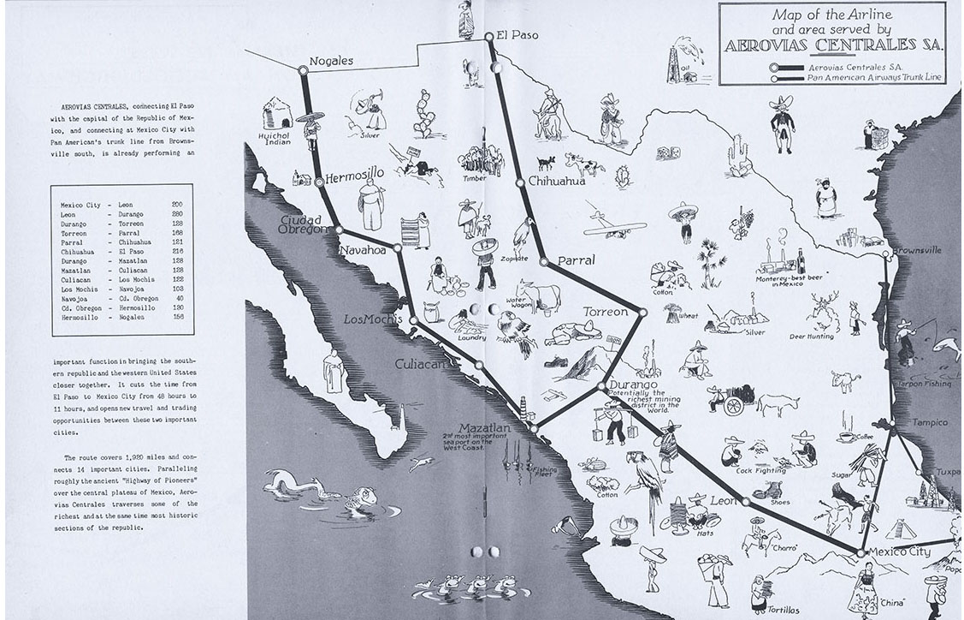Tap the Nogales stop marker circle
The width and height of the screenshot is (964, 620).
point(303,70)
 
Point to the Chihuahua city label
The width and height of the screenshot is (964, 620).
point(557,182)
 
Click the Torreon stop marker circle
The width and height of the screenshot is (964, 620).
point(643,313)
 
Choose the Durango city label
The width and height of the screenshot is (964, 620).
point(635,385)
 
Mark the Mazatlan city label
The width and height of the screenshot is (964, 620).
point(484,427)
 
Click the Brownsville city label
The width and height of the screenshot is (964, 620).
point(917,250)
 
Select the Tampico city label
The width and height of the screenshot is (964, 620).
point(930,422)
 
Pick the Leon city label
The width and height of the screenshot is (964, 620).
point(723,500)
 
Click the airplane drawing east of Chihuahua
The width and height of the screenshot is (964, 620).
point(614,224)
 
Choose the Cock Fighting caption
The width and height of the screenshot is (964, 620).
point(760,470)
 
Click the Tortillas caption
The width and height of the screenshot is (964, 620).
point(783,610)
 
